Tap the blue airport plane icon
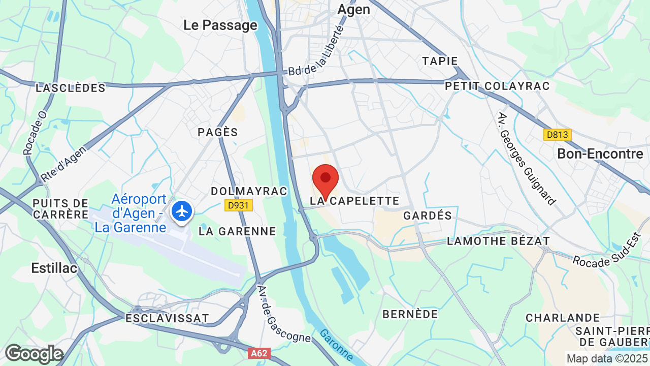182,210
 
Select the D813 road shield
557,135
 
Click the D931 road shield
238,205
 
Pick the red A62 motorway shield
259,353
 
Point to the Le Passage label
220,25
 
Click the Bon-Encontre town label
600,154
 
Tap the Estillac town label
54,268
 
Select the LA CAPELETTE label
355,201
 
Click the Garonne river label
337,345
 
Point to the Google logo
34,354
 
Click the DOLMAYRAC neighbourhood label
249,191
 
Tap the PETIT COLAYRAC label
497,86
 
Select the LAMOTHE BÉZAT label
498,241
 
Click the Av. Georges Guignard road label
526,158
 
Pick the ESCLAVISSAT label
167,318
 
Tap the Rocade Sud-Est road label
610,254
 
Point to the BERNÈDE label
410,314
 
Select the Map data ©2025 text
607,358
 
